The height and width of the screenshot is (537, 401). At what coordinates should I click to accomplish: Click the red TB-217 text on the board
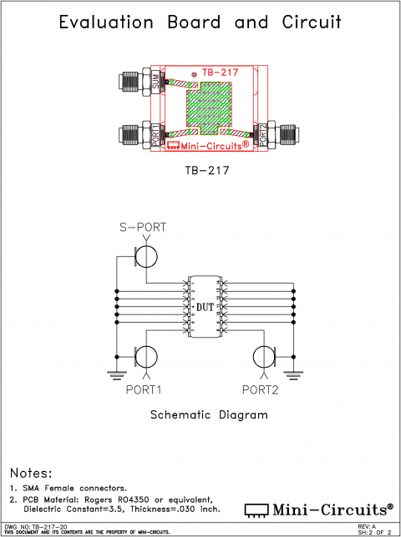pyautogui.click(x=220, y=73)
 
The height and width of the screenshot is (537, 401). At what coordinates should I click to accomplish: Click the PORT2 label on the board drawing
pyautogui.click(x=262, y=135)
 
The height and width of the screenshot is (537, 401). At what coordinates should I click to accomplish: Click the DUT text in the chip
pyautogui.click(x=205, y=308)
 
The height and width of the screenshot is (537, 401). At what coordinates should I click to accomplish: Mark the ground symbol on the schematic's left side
pyautogui.click(x=116, y=374)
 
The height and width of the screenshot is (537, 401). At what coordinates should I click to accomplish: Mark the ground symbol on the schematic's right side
pyautogui.click(x=294, y=374)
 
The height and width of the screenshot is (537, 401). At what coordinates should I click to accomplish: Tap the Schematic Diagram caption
pyautogui.click(x=206, y=414)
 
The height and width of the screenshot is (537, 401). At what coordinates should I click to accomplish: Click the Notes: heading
pyautogui.click(x=31, y=474)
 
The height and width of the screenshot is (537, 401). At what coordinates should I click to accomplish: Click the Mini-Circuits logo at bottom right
pyautogui.click(x=317, y=509)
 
